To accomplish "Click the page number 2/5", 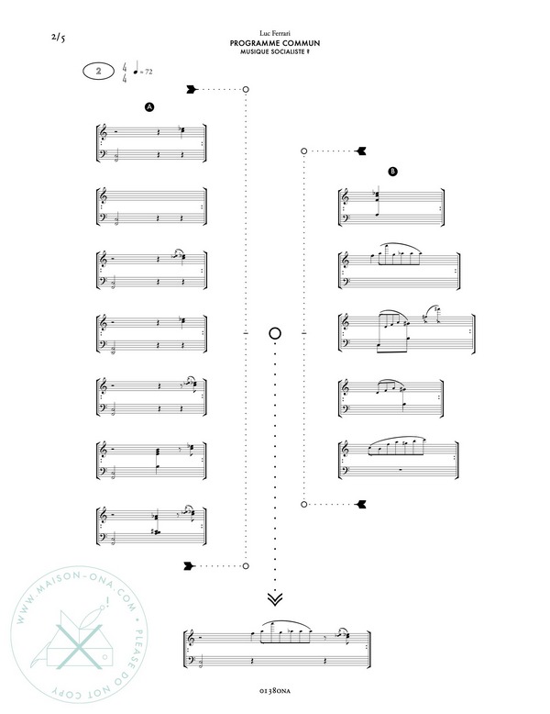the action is (59, 38).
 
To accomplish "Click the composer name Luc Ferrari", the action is (275, 33).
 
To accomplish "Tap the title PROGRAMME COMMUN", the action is (275, 43).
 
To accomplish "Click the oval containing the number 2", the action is (99, 71).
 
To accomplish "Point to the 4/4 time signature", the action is (124, 73).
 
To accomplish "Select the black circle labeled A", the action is (149, 107).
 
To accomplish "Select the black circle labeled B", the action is (392, 172).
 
